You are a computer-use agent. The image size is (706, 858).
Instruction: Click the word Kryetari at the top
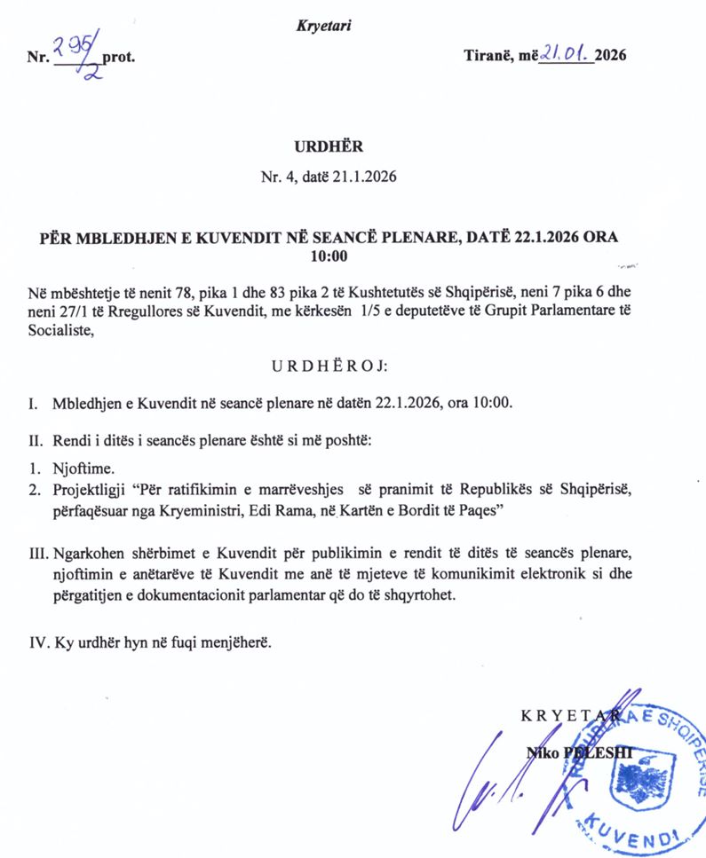pos(323,26)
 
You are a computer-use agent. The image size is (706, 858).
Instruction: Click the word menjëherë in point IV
pos(234,639)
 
